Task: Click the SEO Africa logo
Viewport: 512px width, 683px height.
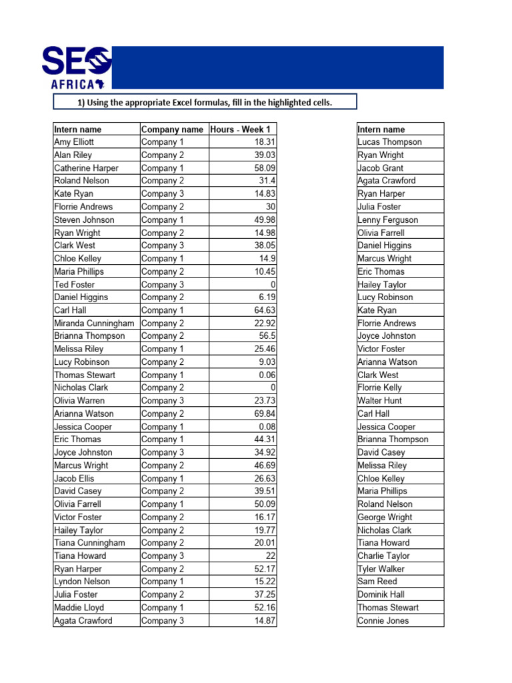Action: point(76,67)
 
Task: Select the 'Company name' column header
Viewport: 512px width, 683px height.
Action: point(172,129)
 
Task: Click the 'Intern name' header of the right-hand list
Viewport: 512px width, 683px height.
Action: point(381,129)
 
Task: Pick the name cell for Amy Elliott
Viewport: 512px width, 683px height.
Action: point(74,142)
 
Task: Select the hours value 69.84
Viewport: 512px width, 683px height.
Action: point(265,414)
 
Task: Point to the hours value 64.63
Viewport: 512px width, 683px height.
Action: point(265,310)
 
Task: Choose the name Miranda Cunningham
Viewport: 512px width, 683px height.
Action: point(94,323)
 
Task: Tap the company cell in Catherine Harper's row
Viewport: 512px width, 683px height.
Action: point(163,168)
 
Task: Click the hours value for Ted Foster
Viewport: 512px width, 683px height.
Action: point(273,284)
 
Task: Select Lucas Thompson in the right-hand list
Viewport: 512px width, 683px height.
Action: point(389,142)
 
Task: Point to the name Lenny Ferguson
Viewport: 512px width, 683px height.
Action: point(387,219)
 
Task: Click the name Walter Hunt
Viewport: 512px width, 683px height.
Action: point(379,400)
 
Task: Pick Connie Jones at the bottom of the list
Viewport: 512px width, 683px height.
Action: point(383,620)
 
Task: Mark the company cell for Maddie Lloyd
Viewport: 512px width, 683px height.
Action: point(163,608)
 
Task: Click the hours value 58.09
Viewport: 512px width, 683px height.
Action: point(265,168)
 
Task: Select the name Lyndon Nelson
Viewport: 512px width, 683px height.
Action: point(82,582)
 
